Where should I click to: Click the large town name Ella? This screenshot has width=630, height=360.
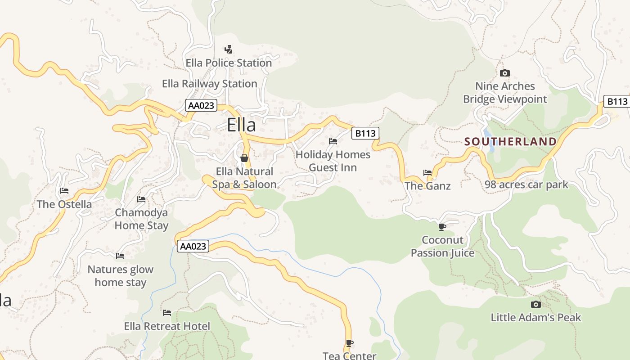(241, 125)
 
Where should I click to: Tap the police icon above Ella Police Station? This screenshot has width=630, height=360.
(229, 49)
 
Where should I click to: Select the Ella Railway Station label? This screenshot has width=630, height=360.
(210, 84)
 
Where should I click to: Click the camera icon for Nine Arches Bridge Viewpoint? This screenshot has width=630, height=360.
(505, 73)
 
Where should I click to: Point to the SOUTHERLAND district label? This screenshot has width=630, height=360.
(510, 142)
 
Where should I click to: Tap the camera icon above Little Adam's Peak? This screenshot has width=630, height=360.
(535, 304)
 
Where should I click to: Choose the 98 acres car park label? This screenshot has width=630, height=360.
(526, 184)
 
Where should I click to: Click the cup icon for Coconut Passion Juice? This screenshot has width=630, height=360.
(442, 227)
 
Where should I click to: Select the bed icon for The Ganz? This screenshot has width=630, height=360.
(427, 172)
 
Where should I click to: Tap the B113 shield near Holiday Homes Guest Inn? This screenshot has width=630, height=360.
(364, 133)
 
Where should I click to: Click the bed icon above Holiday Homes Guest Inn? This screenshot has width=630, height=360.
(333, 141)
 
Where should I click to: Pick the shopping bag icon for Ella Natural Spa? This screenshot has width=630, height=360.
(244, 158)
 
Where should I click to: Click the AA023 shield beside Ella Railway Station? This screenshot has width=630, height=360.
(201, 106)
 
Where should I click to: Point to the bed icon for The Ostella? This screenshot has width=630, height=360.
(64, 191)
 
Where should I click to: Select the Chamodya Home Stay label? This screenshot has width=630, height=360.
(141, 219)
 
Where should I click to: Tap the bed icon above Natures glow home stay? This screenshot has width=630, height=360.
(120, 256)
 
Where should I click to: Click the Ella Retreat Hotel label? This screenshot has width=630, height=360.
(167, 326)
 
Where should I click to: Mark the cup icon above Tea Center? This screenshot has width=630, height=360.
(350, 343)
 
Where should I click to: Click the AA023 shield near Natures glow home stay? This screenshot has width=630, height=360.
(193, 246)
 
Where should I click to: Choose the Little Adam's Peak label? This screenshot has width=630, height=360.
(535, 317)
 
